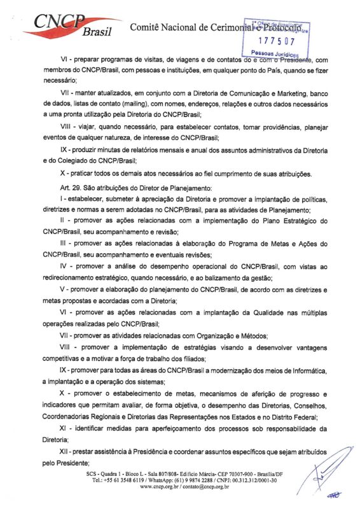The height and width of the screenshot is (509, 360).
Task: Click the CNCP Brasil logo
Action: pos(64,25)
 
